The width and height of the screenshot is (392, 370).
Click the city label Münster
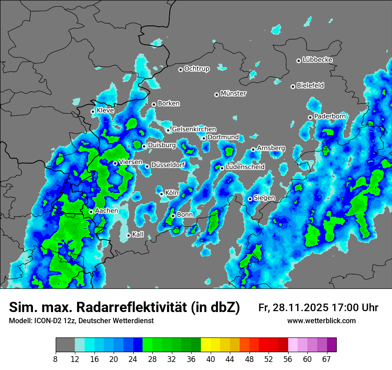233,94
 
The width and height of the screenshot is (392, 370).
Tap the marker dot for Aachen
91,212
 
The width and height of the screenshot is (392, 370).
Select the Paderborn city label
330,116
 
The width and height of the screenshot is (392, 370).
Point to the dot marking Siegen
250,199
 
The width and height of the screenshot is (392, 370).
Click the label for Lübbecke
317,60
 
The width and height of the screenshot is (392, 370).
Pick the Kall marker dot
129,235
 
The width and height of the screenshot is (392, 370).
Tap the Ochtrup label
196,69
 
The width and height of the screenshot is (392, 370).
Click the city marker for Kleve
93,111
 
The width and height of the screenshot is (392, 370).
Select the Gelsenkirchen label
194,129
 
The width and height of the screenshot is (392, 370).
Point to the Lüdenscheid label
245,167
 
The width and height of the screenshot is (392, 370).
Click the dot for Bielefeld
293,86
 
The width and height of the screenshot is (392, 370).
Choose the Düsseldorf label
167,165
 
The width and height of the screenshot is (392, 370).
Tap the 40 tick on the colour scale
211,359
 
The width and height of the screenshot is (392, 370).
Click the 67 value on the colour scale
327,359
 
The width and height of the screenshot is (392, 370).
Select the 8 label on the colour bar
55,359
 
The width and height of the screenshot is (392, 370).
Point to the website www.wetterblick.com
321,321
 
